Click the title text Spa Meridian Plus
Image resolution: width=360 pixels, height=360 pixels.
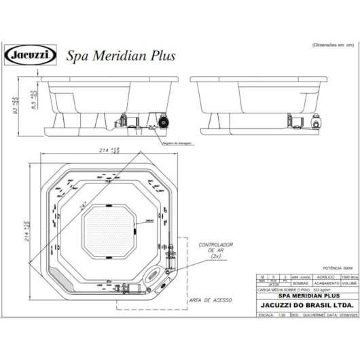point(120,56)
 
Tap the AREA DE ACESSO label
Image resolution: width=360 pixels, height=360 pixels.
point(211,300)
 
